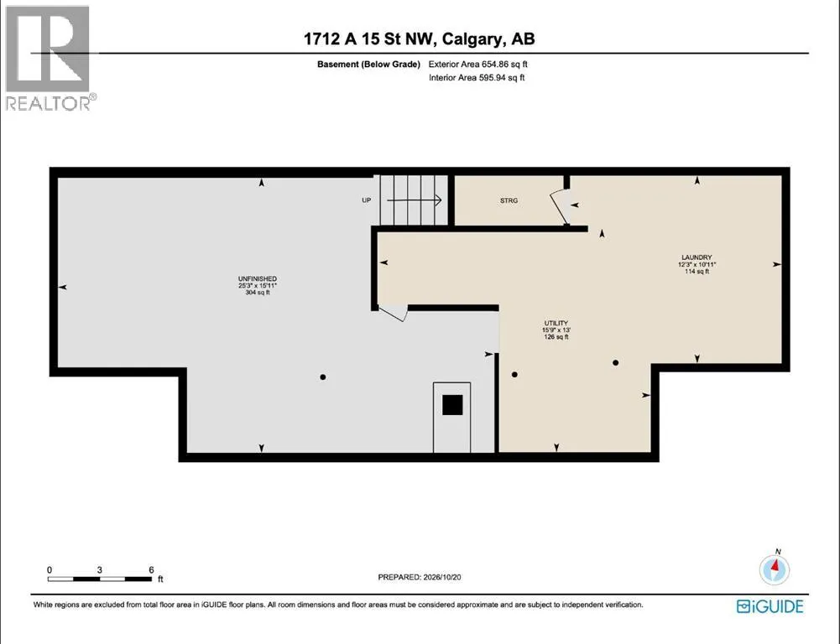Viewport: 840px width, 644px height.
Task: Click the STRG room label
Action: click(x=509, y=200)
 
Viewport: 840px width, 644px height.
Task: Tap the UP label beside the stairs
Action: click(x=367, y=200)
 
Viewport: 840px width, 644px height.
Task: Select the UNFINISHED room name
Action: click(x=257, y=279)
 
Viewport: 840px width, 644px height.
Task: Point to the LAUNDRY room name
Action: click(x=697, y=257)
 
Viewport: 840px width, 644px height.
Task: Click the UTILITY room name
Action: click(x=556, y=324)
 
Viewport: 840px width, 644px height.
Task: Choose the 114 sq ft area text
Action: click(x=697, y=272)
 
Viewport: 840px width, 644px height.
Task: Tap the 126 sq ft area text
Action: click(x=556, y=337)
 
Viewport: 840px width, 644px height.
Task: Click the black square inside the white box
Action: click(x=452, y=405)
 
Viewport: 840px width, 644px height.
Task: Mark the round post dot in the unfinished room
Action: click(x=323, y=377)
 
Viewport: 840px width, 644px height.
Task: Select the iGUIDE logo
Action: click(x=770, y=606)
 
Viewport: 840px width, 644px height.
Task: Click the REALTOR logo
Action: click(x=48, y=58)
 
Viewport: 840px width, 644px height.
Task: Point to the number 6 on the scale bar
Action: click(x=152, y=570)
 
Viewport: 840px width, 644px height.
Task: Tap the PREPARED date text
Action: click(x=420, y=577)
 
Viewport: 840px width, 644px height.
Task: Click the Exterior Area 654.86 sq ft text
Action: click(x=477, y=65)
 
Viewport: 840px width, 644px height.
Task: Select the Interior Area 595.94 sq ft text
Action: click(x=477, y=78)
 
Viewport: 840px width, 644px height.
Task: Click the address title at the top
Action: click(x=420, y=39)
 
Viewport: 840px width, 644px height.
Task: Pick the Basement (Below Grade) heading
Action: click(x=368, y=65)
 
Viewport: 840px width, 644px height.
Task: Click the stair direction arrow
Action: click(x=414, y=200)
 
